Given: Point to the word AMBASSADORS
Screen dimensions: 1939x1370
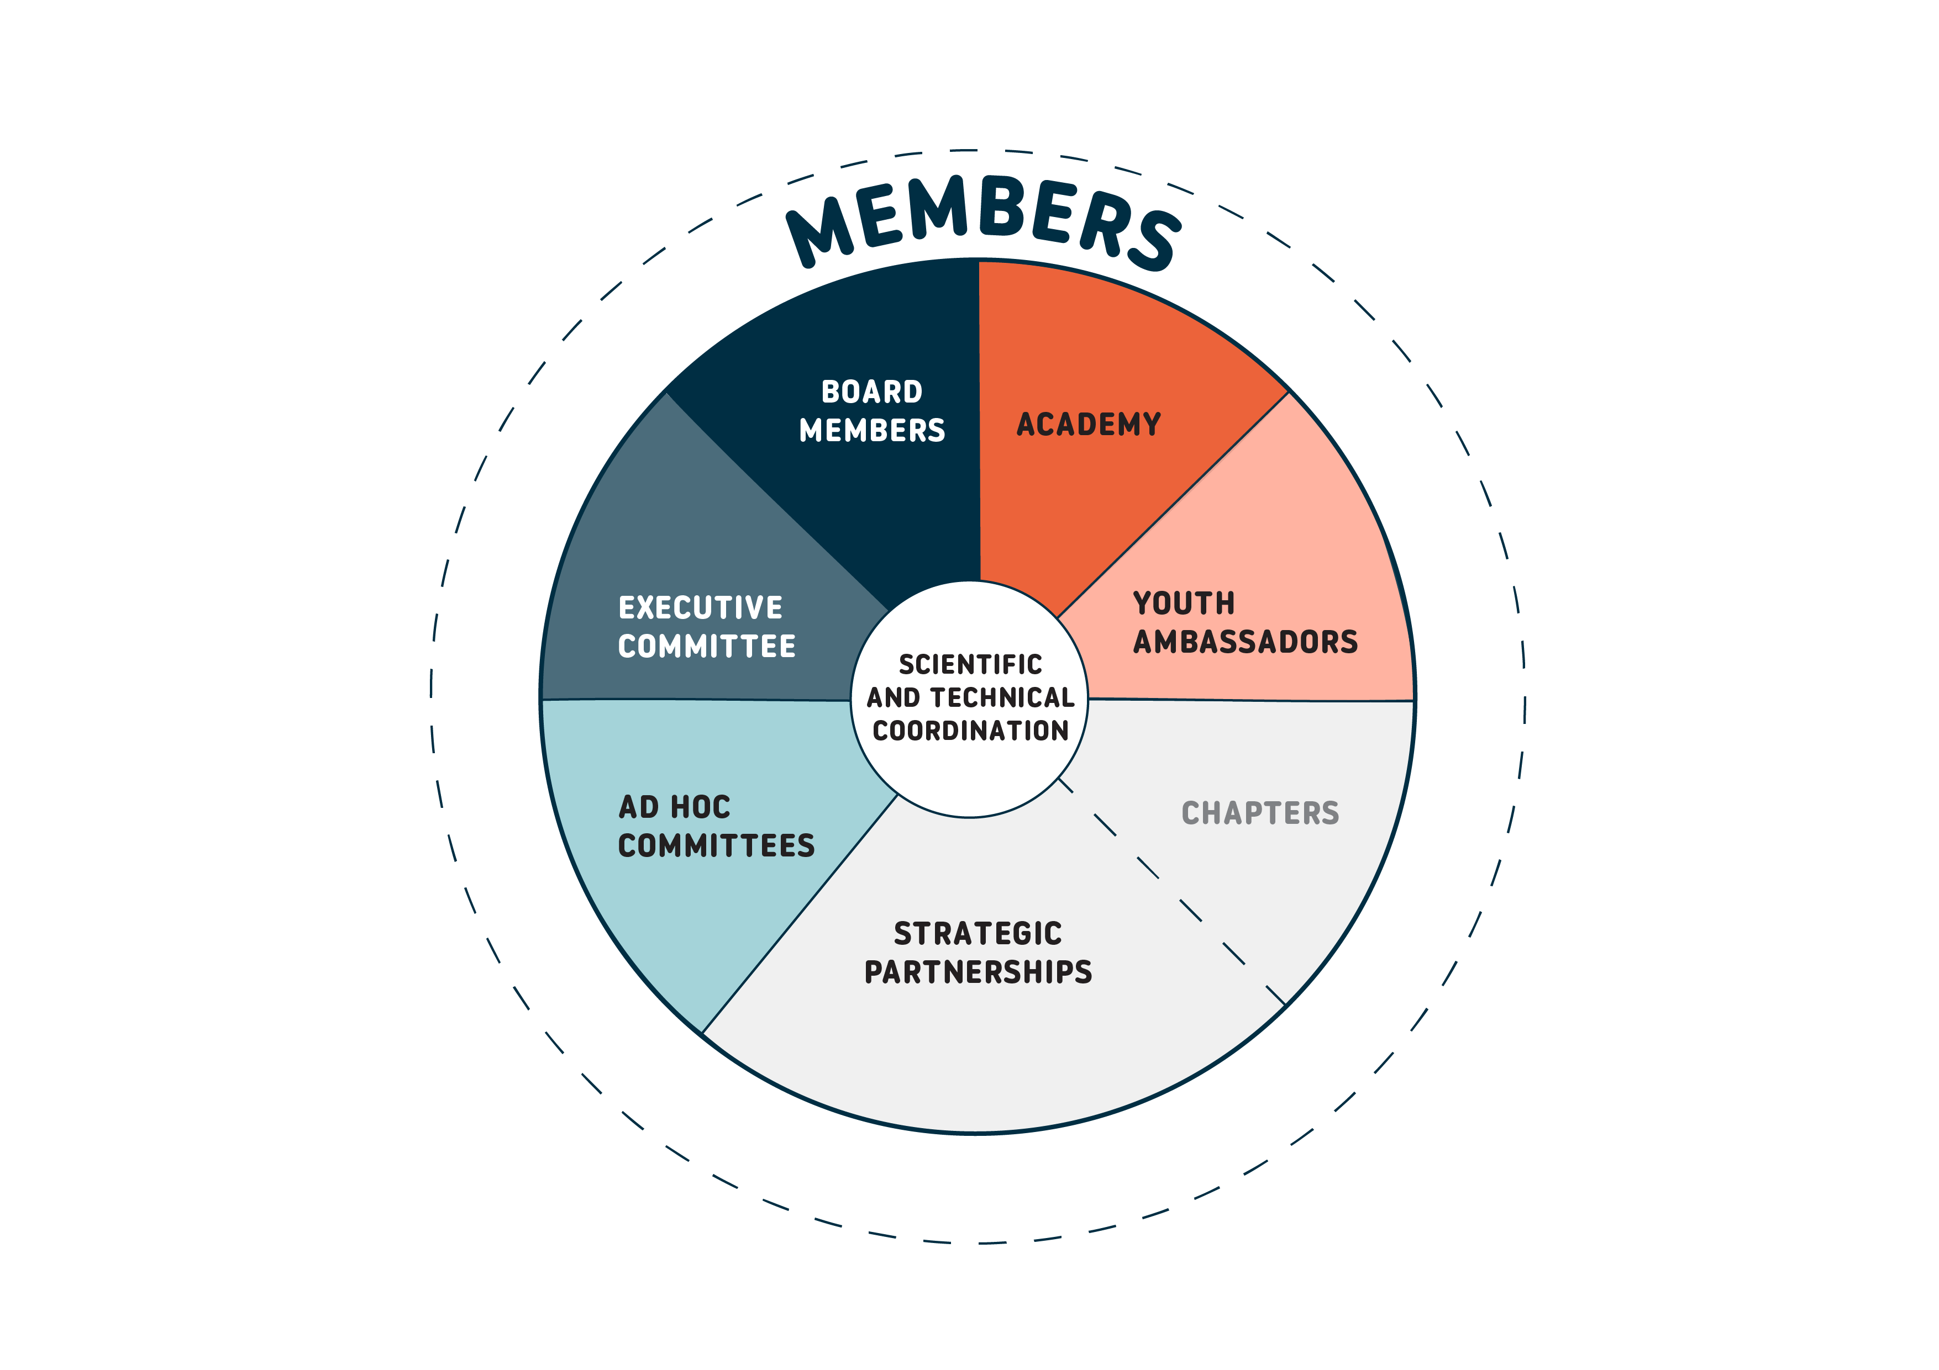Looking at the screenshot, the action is click(1246, 642).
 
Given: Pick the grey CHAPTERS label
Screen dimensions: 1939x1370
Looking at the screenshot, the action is click(1260, 813).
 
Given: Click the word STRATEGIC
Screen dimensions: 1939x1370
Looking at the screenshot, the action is click(978, 934).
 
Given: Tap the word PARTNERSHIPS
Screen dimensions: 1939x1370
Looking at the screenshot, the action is click(978, 972).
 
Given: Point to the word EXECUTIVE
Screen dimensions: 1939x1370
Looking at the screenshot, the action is click(700, 608).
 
